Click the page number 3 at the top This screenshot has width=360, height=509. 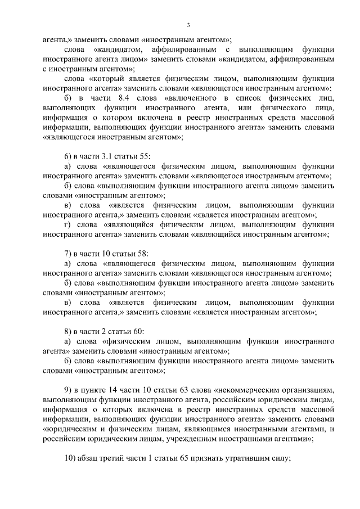[x=190, y=25]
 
